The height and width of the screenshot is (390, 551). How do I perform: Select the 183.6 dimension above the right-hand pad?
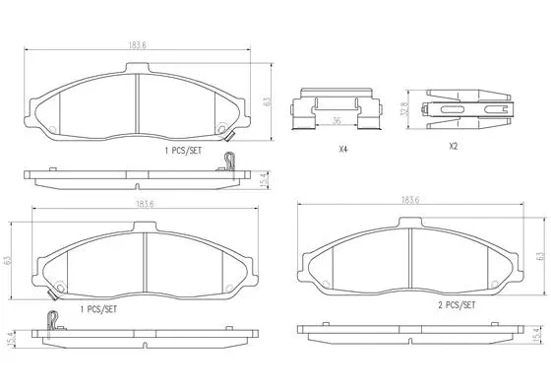coord(411,201)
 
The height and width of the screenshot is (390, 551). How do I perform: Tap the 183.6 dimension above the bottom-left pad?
coord(145,204)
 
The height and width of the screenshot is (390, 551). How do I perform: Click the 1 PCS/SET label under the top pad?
coord(183,154)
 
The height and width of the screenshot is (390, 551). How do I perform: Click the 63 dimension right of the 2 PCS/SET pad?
coord(540,255)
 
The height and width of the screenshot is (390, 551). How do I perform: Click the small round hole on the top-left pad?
coord(223,125)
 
